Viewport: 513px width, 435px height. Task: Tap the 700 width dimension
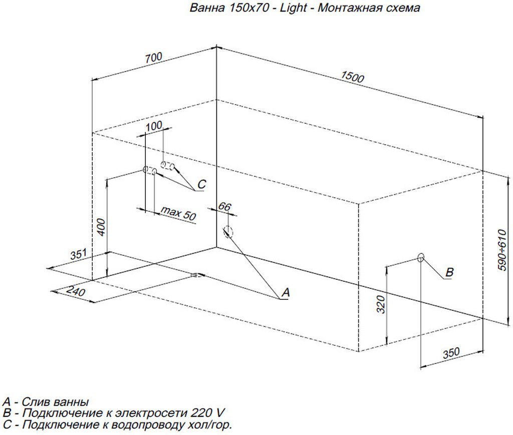tap(154, 58)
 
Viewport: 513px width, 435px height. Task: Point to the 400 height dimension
tap(101, 228)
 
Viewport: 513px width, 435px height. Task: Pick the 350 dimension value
tap(451, 352)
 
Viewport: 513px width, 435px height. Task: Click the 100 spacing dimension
tap(154, 126)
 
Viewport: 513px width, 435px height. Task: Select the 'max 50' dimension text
tap(178, 214)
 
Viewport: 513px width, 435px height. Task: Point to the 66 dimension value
tap(225, 206)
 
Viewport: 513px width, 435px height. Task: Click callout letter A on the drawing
tap(285, 292)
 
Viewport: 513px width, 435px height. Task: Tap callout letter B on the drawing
tap(449, 272)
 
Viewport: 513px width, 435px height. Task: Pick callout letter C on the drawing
tap(201, 185)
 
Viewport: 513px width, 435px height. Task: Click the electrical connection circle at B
tap(421, 257)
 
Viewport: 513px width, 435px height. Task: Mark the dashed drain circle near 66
tap(228, 231)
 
